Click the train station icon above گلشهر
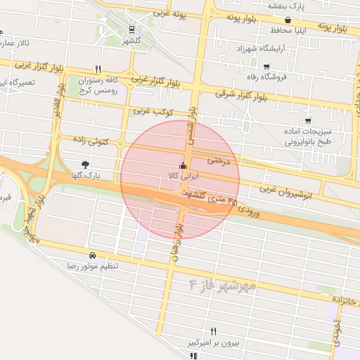tap(131, 29)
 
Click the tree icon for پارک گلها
tap(86, 164)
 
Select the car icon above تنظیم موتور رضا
tap(93, 256)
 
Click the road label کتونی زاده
tap(91, 141)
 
